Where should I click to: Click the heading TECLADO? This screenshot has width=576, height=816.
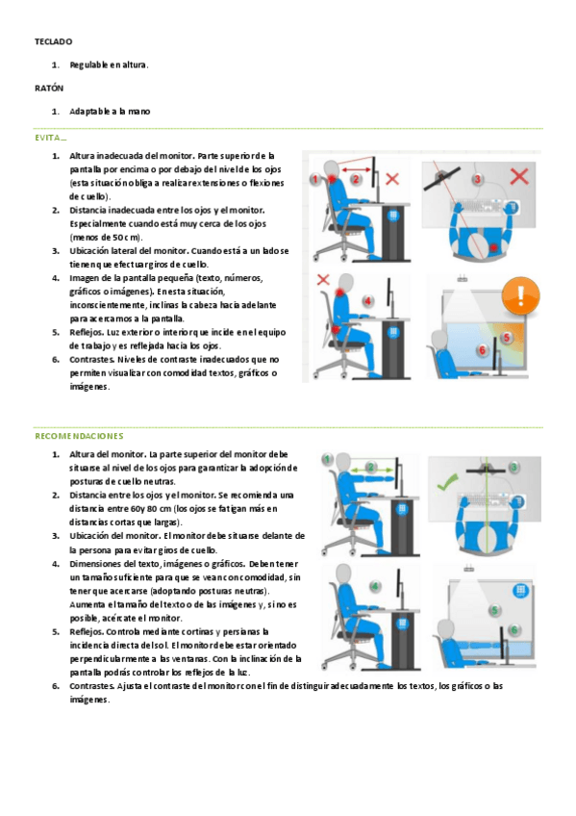pos(54,41)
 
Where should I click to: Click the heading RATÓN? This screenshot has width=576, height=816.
pos(49,88)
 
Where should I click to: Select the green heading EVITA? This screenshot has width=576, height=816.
pos(50,138)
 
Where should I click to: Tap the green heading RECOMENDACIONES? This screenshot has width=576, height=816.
pos(79,436)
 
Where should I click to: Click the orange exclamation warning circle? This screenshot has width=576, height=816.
pos(520,295)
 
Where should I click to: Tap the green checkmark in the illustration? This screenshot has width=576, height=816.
pos(447,482)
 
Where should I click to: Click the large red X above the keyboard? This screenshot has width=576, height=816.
pos(519,176)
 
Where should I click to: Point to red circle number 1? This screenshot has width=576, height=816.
pos(314,180)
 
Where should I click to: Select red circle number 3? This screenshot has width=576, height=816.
pos(477,180)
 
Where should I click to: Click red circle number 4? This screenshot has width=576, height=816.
pos(368,301)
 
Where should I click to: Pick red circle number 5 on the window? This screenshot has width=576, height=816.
pos(507,337)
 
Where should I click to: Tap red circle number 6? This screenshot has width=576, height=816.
pos(482,349)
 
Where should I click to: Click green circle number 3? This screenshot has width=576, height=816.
pos(513,467)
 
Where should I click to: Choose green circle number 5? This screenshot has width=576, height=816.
pos(495,610)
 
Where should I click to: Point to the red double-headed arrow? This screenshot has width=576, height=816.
pos(356,169)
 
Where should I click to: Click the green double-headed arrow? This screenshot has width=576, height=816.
pos(371,471)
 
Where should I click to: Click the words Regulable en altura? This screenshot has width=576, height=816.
pos(109,65)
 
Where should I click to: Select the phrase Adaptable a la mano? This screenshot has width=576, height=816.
pos(110,112)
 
